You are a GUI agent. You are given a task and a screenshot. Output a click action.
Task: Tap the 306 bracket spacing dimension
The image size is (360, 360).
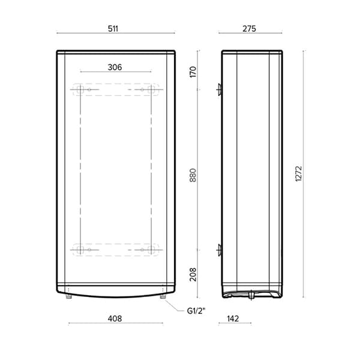tap(115, 67)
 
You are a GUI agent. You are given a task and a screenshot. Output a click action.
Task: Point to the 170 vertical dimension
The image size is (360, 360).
tap(193, 73)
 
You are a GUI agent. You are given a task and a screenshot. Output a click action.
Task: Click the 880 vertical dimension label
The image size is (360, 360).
tap(193, 174)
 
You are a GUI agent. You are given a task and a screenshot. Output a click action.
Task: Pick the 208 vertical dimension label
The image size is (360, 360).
tap(193, 275)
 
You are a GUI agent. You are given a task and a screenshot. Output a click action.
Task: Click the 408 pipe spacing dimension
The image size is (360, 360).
tap(115, 319)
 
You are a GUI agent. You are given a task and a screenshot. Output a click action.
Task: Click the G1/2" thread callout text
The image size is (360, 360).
tap(197, 310)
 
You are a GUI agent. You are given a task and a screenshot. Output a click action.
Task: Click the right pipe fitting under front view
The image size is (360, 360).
tap(163, 295)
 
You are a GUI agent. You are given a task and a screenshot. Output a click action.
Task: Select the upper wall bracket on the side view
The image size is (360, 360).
tap(220, 90)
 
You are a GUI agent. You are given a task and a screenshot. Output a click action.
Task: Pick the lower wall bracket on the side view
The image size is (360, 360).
tap(220, 249)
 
